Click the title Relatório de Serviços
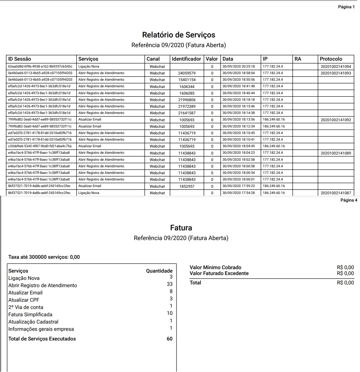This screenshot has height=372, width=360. [x=179, y=35]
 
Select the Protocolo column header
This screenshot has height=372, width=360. [x=331, y=59]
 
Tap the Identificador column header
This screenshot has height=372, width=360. [x=186, y=59]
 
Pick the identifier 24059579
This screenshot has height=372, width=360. [x=187, y=73]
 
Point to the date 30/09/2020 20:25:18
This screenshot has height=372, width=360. [x=239, y=67]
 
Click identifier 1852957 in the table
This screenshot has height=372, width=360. [x=187, y=186]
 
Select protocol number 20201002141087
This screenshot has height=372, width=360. [x=336, y=193]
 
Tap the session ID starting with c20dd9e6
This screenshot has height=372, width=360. [x=40, y=146]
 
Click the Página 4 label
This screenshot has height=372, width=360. [x=349, y=200]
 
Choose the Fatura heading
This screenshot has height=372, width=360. [x=181, y=228]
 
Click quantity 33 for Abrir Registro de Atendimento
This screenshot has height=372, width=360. [x=170, y=284]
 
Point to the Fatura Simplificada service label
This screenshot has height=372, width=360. [x=30, y=315]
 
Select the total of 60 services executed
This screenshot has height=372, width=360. [x=170, y=339]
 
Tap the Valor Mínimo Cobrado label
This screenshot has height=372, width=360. [x=215, y=267]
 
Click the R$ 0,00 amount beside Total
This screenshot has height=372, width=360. [x=345, y=283]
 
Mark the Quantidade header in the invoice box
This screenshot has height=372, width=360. [x=159, y=271]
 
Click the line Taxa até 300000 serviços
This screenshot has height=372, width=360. [x=44, y=257]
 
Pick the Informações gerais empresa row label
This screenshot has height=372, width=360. [x=41, y=329]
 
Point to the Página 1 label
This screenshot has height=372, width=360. [x=346, y=7]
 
